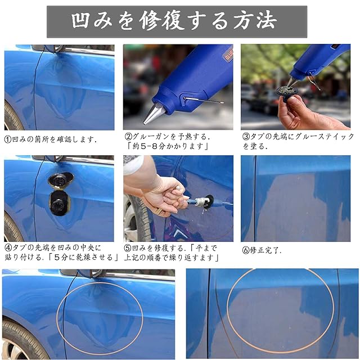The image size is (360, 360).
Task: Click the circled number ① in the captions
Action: coord(7,139)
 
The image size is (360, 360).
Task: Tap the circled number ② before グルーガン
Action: coord(128,137)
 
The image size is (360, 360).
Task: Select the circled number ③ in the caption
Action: coord(246,137)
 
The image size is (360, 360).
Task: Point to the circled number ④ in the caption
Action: coord(8,247)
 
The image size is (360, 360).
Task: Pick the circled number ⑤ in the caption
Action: coord(128,248)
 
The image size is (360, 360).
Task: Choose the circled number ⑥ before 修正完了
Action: coord(246,250)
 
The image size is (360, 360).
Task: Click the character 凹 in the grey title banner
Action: coord(80,21)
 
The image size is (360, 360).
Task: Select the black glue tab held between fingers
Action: coord(287,92)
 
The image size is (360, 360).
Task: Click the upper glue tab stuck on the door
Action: coord(61,180)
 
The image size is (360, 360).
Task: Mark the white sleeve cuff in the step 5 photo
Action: coord(133,165)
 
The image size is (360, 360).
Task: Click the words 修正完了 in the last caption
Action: coord(265,250)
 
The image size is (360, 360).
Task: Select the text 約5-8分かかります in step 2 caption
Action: coord(168,146)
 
